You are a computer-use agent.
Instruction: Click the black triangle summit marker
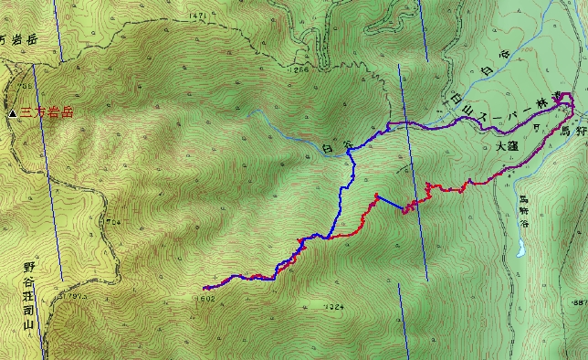pyautogui.click(x=12, y=113)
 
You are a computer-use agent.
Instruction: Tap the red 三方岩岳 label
pyautogui.click(x=47, y=113)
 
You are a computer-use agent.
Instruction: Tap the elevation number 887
pyautogui.click(x=578, y=302)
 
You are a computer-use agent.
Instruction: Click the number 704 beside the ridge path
pyautogui.click(x=113, y=221)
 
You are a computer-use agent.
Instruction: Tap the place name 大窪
pyautogui.click(x=508, y=145)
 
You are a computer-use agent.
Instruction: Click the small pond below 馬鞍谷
pyautogui.click(x=520, y=247)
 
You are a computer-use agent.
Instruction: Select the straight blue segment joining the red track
pyautogui.click(x=390, y=204)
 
